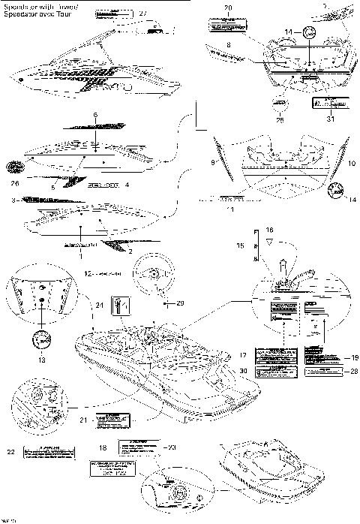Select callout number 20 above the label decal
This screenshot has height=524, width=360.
[x=228, y=8]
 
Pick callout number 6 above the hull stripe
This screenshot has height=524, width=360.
[x=95, y=113]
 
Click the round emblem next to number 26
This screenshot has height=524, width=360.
[x=16, y=167]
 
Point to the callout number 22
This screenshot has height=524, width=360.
[x=10, y=451]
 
